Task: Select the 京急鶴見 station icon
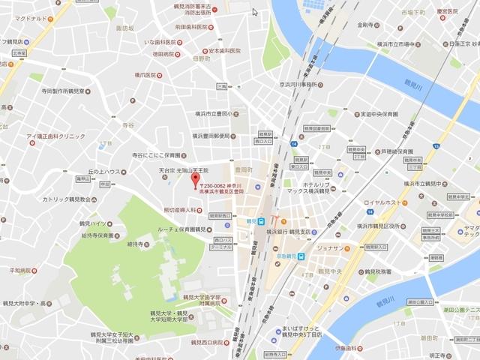300,256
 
